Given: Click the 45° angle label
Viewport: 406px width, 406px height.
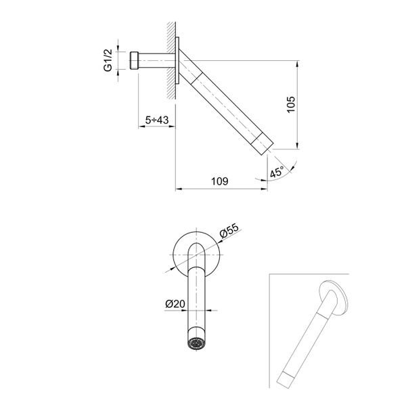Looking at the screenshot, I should coord(276,171).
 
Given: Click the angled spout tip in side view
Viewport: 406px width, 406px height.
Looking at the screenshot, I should coord(266,143).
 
